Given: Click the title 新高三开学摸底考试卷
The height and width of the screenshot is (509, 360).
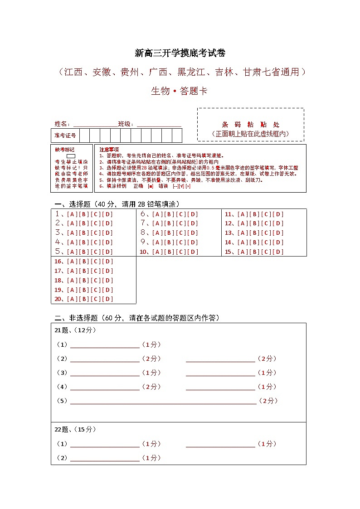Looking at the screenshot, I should coord(180,53).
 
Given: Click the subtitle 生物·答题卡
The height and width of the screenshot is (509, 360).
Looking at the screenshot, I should coord(180,91).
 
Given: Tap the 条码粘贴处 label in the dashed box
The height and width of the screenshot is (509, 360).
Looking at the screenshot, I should coord(250,125).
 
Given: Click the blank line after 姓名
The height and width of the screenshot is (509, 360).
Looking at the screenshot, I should coord(95,125).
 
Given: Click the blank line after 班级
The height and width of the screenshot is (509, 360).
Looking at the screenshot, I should coord(159,125).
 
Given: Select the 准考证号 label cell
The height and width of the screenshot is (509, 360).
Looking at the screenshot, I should coord(65,136).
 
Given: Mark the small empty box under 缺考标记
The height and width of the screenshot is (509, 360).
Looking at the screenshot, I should coord(71,156).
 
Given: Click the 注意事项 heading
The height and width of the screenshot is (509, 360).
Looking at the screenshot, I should coord(109,150).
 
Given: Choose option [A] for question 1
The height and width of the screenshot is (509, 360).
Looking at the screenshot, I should coord(72,214).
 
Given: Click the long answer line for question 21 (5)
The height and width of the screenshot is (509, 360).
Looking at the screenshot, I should coord(163,402).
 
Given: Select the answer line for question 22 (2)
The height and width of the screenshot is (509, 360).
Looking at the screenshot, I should coord(105,459).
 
